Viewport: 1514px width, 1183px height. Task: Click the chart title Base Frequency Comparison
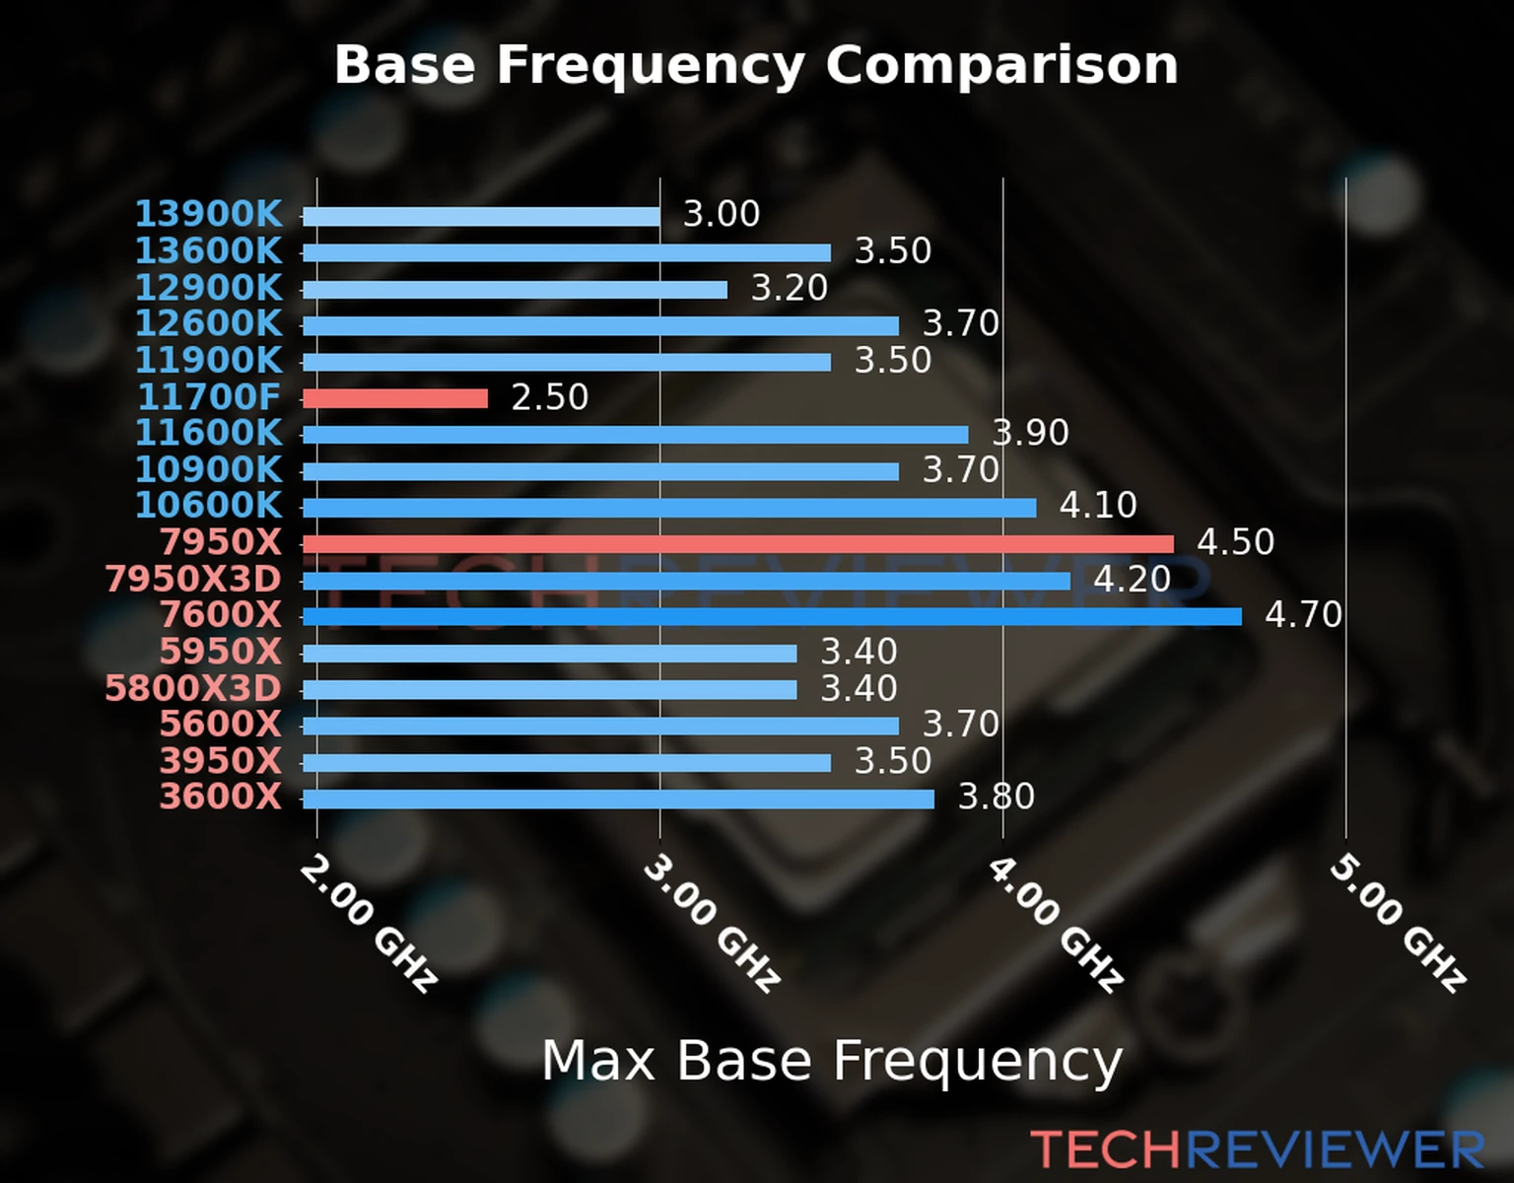click(756, 65)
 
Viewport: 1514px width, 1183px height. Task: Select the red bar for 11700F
click(395, 398)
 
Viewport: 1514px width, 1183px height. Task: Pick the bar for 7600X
click(772, 617)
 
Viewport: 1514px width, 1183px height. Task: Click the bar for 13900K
click(481, 217)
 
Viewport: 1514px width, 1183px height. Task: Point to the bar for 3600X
click(618, 799)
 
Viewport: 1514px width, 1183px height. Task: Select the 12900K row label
click(208, 288)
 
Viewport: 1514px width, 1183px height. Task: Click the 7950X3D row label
click(193, 580)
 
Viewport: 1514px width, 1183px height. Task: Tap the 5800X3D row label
click(193, 688)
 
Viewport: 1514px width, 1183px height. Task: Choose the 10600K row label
click(208, 506)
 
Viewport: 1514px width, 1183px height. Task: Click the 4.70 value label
click(1303, 615)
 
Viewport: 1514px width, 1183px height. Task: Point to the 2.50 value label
click(549, 397)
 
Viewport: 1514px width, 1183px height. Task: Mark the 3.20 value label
click(790, 288)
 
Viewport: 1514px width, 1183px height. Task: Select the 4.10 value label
click(1098, 506)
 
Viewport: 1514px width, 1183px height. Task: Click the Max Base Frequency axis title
click(832, 1061)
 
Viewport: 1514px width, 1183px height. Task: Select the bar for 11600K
click(635, 435)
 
